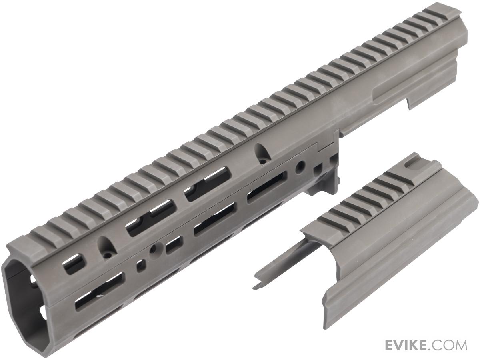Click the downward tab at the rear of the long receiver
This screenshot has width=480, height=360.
(414, 104)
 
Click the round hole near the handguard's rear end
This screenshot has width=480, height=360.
(299, 168)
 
